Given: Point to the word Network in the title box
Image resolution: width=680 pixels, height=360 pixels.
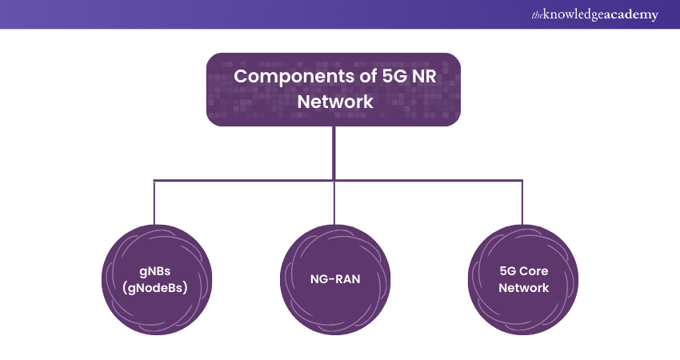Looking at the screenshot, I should pos(333,102).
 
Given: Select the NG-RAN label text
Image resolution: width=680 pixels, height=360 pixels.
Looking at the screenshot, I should pos(334,278).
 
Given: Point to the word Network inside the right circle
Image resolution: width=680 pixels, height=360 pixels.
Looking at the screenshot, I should pos(523,287).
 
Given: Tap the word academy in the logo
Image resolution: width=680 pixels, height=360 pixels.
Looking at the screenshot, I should pos(632,14).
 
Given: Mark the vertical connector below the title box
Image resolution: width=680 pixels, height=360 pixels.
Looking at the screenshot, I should pos(334,152).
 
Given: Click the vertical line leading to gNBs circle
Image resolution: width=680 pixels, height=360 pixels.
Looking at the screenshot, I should pos(154,202).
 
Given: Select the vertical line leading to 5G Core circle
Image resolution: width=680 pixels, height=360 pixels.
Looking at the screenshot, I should pos(522,202).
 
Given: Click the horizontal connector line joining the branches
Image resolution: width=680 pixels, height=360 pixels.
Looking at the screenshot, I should pos(240,181).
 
